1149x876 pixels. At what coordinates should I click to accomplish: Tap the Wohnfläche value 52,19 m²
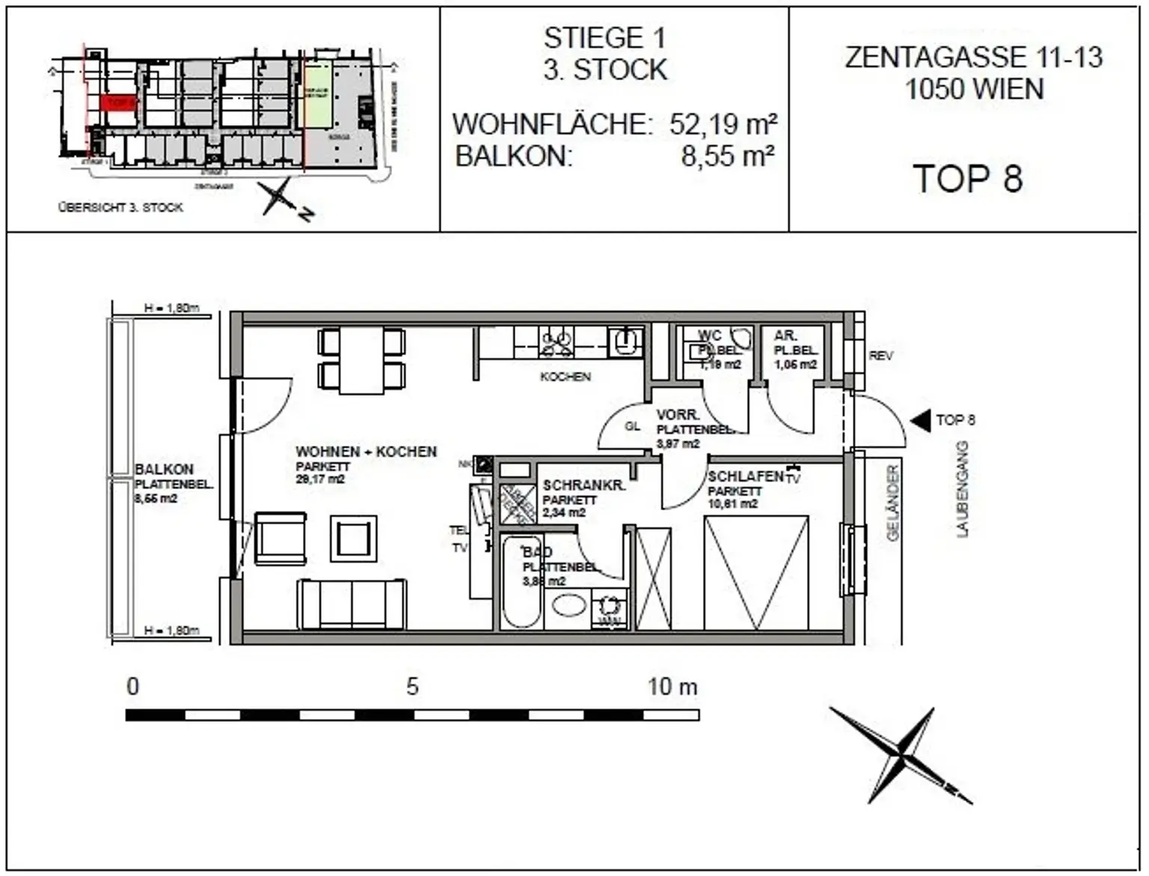click(723, 124)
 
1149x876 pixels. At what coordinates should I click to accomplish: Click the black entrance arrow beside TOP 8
click(920, 421)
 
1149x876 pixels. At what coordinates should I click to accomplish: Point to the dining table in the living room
click(361, 360)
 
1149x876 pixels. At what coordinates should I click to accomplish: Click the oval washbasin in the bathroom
click(569, 604)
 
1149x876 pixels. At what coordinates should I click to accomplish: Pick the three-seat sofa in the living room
click(352, 603)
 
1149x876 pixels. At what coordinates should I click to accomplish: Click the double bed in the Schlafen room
click(756, 572)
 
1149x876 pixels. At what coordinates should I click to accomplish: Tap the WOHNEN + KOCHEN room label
click(366, 452)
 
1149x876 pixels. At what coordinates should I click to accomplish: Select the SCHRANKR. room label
click(583, 486)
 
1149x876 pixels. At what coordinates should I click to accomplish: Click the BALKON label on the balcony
click(164, 470)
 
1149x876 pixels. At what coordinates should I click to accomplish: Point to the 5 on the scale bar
click(412, 687)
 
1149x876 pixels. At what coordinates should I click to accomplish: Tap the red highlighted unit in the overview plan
click(118, 102)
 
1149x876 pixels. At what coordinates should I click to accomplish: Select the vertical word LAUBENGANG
click(962, 489)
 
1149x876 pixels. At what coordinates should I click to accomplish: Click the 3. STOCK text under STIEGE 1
click(604, 70)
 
